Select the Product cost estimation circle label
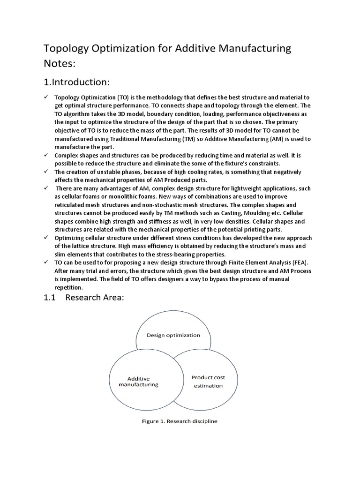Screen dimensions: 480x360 point(208,382)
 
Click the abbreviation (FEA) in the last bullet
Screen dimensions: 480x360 point(291,262)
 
